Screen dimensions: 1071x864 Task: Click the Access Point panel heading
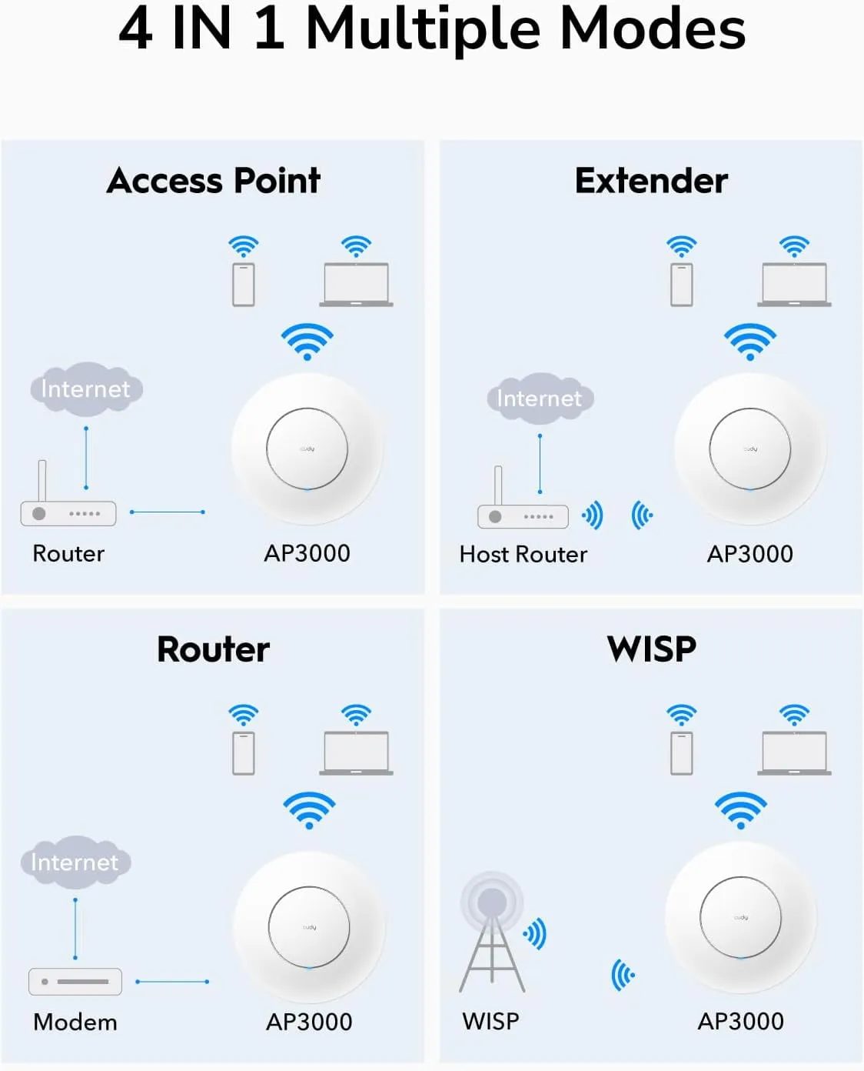(214, 181)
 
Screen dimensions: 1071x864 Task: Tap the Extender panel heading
(651, 181)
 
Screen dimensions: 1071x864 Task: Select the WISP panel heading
(651, 649)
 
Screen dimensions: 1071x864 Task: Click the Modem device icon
(75, 982)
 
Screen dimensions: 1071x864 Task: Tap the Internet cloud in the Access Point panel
(86, 389)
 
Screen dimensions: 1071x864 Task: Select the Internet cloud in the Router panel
(75, 862)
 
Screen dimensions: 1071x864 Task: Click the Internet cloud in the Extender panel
(540, 398)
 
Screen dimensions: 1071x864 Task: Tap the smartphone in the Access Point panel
(244, 285)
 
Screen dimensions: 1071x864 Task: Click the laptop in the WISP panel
(794, 752)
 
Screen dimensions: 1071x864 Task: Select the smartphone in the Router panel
(244, 753)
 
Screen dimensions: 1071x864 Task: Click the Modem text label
(75, 1022)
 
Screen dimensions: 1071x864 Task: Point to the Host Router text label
(523, 554)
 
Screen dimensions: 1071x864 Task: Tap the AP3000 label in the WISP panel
(740, 1021)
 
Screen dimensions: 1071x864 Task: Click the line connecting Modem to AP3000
(172, 982)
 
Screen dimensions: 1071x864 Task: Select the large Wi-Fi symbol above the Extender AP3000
(750, 341)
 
